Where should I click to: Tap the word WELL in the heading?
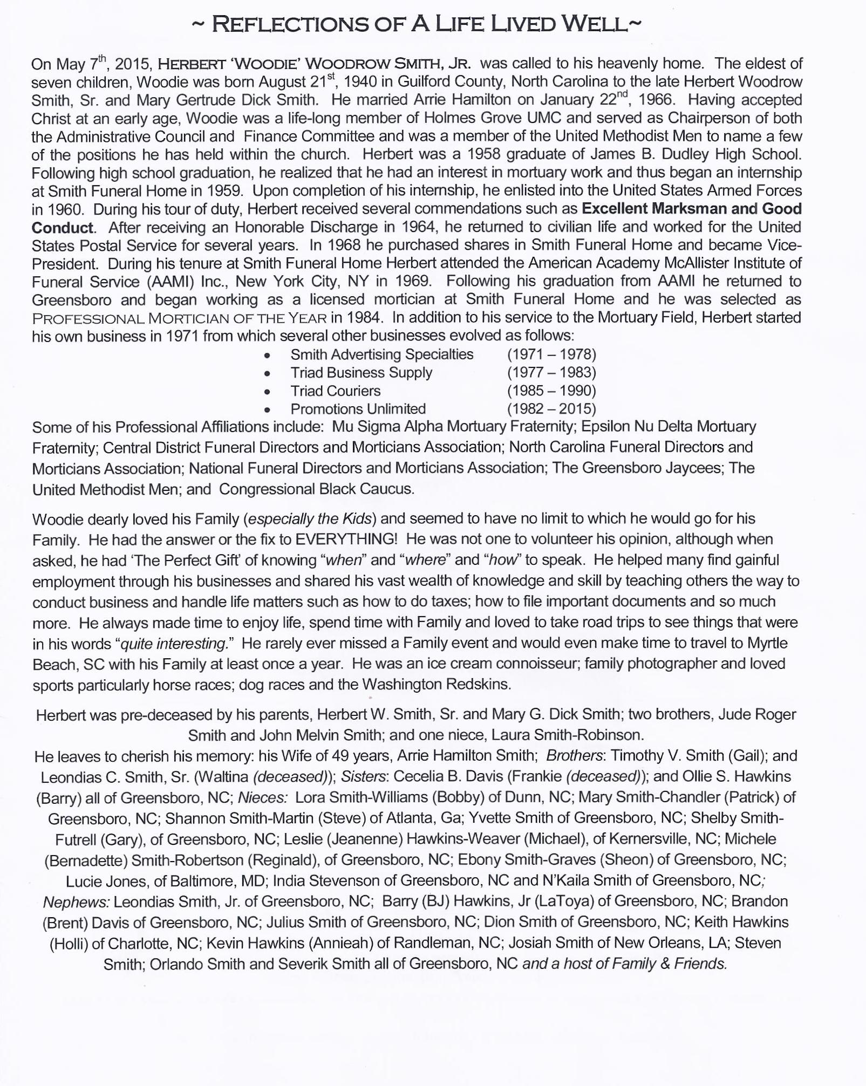click(594, 25)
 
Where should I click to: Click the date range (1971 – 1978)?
click(551, 354)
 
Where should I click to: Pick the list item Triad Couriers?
click(335, 391)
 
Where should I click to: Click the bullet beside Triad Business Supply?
click(267, 373)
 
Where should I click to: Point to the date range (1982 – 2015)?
click(551, 409)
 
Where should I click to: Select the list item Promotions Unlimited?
click(358, 409)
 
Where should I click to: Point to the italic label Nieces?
click(262, 797)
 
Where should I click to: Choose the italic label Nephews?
click(76, 901)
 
